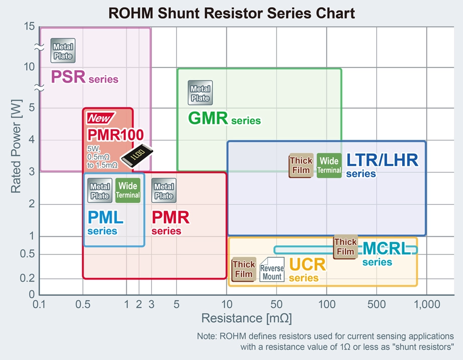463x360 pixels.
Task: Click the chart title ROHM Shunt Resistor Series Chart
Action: click(232, 13)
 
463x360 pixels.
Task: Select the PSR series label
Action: click(84, 77)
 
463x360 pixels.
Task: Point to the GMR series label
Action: click(224, 119)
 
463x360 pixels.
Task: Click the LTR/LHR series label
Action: click(382, 165)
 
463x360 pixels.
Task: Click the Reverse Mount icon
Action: click(271, 269)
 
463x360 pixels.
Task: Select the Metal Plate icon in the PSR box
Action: click(63, 51)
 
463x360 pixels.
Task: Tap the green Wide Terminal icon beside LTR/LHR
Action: click(329, 165)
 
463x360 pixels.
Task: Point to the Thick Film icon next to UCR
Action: click(244, 269)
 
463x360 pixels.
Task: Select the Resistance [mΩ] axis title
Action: click(246, 318)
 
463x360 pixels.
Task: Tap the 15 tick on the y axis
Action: click(29, 27)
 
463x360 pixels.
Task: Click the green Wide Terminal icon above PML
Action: click(128, 191)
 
